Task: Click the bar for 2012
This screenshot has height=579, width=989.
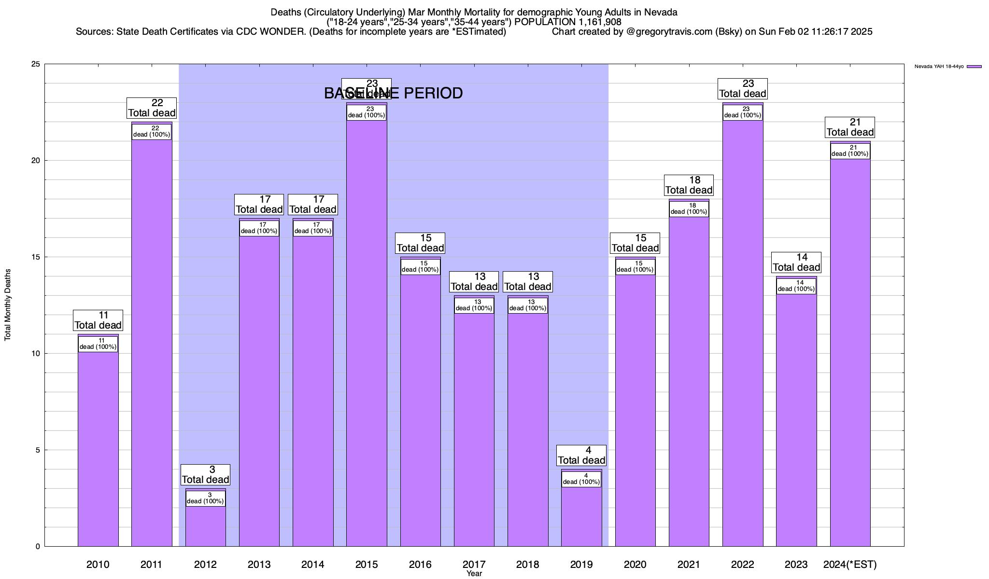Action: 205,526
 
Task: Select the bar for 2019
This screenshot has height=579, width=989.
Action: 581,516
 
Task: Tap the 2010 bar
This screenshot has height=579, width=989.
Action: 98,449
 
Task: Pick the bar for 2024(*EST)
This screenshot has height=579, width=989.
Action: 850,352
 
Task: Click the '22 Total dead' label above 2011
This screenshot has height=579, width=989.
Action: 152,108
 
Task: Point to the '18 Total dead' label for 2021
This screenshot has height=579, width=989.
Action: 689,185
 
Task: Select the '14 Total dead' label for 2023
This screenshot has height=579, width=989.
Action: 796,262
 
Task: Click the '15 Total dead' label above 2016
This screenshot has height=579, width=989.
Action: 420,243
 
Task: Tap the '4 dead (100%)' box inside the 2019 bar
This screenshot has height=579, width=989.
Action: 581,479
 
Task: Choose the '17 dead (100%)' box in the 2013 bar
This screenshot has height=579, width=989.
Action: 259,228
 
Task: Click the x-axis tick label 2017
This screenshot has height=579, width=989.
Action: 474,564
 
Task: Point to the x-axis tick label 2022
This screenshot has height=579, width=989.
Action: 743,564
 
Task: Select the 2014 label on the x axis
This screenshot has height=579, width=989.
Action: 313,564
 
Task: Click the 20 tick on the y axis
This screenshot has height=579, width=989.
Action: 36,161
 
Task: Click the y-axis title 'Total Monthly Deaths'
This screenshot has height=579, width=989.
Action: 8,305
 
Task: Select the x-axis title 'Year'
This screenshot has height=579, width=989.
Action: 474,574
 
